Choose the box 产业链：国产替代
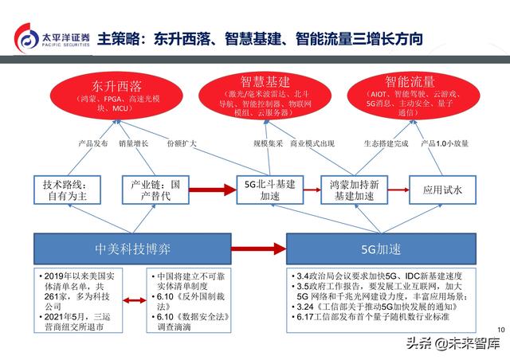155,189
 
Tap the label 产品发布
92,143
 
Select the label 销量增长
134,143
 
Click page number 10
500,330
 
